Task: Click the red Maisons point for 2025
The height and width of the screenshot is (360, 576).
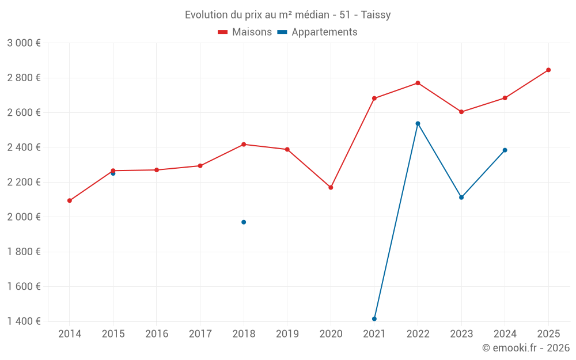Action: (548, 70)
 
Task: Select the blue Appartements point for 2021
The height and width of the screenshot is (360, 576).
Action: (374, 319)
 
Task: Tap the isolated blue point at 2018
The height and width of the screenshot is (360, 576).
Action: (244, 222)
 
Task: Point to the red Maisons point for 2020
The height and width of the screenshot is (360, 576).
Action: (331, 187)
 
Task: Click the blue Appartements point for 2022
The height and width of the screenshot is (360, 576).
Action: (418, 123)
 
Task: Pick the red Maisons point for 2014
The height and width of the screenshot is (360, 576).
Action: (70, 200)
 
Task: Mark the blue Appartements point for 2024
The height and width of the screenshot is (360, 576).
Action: (505, 150)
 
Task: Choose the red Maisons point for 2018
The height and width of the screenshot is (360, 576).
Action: (244, 144)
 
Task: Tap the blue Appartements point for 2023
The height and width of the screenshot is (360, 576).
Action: (461, 198)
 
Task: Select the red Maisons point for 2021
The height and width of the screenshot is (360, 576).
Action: (374, 98)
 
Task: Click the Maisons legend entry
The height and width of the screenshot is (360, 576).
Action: (245, 32)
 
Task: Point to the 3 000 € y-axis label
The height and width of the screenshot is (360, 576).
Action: (24, 43)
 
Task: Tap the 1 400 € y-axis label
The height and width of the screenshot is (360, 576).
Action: (24, 321)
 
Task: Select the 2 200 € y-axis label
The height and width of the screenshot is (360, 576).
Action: (24, 182)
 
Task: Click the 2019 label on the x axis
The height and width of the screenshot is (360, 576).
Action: (287, 334)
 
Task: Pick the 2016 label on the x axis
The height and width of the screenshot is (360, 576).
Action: (157, 334)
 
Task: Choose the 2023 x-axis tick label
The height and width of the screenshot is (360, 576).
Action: (461, 334)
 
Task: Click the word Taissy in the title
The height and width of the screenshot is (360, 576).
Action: (376, 15)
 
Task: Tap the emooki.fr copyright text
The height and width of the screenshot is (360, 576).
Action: (526, 348)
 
